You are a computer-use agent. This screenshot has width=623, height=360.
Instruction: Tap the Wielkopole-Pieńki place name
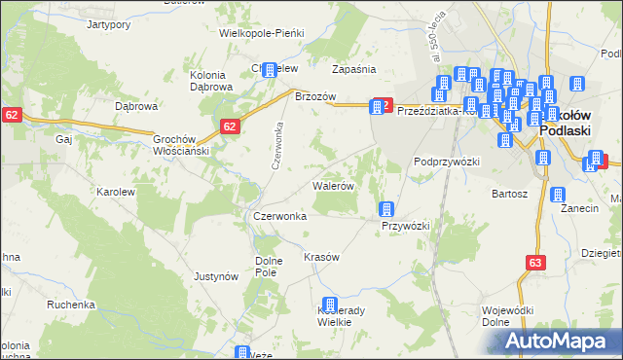[262, 33]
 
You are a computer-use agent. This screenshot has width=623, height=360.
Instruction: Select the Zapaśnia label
[353, 69]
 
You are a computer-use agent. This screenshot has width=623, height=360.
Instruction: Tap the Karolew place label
[115, 192]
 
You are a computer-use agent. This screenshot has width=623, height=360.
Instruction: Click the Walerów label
[332, 184]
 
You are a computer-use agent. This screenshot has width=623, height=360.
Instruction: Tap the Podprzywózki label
[447, 162]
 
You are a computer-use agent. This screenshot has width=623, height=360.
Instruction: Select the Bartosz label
[509, 194]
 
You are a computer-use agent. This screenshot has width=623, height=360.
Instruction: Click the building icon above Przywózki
[385, 209]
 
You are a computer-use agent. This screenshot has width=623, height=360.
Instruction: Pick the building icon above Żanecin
[559, 195]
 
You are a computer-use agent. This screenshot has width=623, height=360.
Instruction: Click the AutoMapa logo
[559, 341]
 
